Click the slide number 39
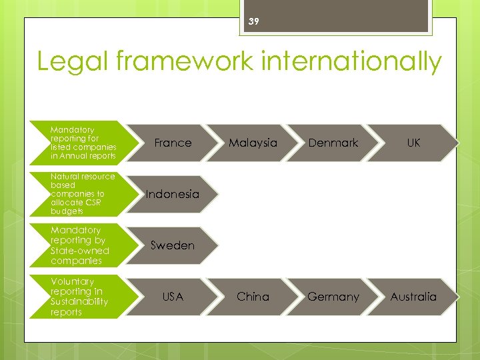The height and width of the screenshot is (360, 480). pyautogui.click(x=253, y=21)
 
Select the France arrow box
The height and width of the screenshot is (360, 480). pyautogui.click(x=173, y=143)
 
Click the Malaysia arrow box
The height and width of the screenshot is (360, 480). pyautogui.click(x=253, y=143)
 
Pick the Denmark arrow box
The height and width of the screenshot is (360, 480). pyautogui.click(x=333, y=143)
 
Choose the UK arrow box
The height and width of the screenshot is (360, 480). pyautogui.click(x=413, y=143)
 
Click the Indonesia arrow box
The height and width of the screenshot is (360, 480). pyautogui.click(x=173, y=194)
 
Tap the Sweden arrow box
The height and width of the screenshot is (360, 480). pyautogui.click(x=173, y=245)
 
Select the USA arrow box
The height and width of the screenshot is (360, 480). pyautogui.click(x=173, y=297)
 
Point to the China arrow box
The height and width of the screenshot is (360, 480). pyautogui.click(x=253, y=297)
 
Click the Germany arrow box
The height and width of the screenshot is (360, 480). pyautogui.click(x=333, y=297)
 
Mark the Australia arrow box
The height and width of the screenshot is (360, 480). pyautogui.click(x=413, y=297)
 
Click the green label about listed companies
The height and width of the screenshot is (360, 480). pyautogui.click(x=83, y=143)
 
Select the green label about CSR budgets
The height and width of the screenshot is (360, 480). pyautogui.click(x=83, y=194)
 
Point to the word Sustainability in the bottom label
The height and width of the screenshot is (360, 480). pyautogui.click(x=79, y=302)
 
